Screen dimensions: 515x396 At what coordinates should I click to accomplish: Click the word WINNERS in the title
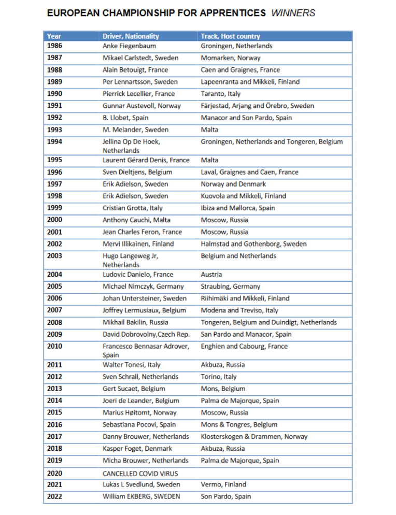(293, 13)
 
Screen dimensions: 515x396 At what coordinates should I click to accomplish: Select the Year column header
(54, 36)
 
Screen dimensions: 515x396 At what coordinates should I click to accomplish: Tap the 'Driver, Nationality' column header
(131, 36)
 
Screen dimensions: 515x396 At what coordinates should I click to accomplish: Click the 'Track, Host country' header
(230, 36)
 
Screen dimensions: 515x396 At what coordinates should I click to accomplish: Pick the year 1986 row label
(54, 46)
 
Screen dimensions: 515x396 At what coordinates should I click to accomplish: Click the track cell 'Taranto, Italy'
(221, 94)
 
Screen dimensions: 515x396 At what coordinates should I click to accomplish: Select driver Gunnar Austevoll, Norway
(142, 106)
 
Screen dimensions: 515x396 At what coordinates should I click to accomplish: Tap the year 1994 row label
(54, 141)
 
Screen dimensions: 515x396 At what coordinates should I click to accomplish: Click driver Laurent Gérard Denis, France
(146, 160)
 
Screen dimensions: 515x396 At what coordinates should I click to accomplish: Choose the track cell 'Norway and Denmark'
(233, 184)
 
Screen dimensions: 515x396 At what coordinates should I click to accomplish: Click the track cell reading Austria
(211, 274)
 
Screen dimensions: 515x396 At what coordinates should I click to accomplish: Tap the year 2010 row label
(54, 346)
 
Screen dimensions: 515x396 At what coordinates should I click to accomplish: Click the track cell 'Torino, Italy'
(219, 377)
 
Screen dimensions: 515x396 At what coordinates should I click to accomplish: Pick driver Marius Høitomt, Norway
(139, 412)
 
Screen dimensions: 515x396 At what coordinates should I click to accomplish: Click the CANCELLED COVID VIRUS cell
(140, 473)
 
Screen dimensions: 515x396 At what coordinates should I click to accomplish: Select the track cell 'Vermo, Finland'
(223, 484)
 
